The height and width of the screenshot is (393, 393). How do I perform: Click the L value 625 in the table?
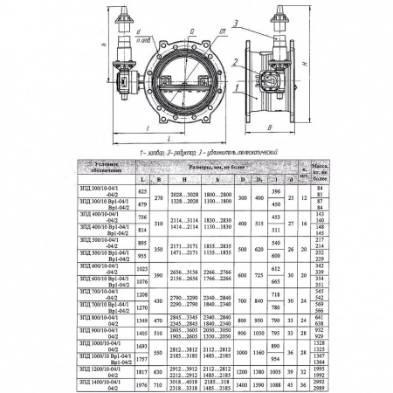click(x=143, y=190)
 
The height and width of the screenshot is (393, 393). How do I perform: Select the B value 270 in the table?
click(x=159, y=198)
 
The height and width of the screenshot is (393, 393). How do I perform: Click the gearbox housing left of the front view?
click(x=122, y=84)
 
